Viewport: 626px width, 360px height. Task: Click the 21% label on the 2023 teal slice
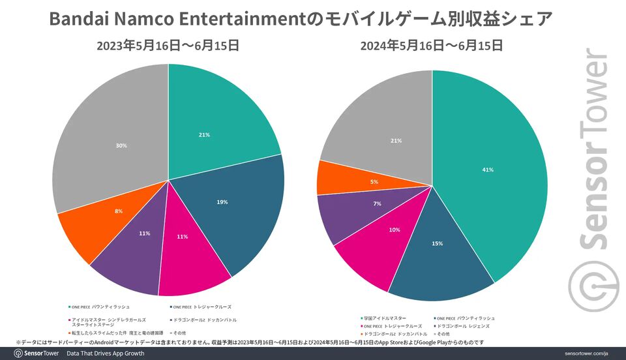[x=204, y=135]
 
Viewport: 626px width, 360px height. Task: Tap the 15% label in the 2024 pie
[x=437, y=243]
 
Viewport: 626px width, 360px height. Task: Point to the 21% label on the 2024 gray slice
[x=396, y=141]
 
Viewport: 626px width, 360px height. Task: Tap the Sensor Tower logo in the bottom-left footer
[x=36, y=353]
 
